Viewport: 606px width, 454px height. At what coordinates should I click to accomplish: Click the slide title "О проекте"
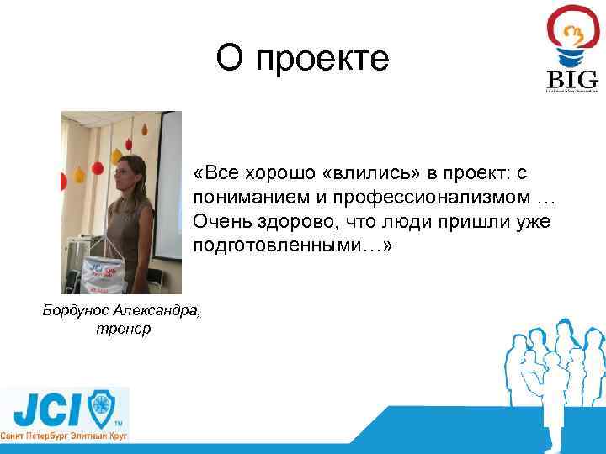click(302, 58)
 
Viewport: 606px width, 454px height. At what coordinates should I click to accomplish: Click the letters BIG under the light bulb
click(572, 80)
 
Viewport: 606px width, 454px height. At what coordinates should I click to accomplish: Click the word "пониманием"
click(241, 198)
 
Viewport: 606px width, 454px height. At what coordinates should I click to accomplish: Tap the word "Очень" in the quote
click(220, 222)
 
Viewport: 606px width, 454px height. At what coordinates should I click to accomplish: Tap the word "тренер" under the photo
click(124, 329)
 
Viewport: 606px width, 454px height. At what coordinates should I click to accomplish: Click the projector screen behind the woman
click(170, 168)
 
